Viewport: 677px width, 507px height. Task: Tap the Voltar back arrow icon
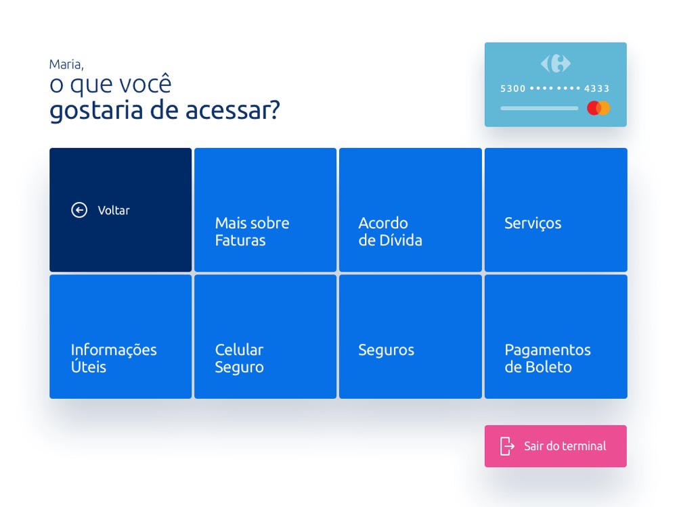point(79,210)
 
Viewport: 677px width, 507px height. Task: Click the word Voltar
point(114,210)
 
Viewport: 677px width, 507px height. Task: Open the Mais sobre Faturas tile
point(265,210)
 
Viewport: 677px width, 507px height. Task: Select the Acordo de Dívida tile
point(410,210)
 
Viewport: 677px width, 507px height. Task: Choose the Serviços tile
point(556,210)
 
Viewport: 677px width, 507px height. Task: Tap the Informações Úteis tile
point(121,337)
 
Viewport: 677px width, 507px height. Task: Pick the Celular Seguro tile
point(265,337)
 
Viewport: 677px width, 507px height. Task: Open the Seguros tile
point(410,337)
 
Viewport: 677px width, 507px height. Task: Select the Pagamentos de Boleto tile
point(556,337)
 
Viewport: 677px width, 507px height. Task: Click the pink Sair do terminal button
point(555,446)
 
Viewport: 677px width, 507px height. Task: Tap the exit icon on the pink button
point(507,446)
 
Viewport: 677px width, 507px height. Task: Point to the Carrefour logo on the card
point(556,64)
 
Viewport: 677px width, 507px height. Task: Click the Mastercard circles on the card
point(598,107)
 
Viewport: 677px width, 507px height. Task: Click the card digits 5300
point(513,89)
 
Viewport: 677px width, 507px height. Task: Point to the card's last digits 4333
point(596,89)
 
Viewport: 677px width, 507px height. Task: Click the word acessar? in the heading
point(233,110)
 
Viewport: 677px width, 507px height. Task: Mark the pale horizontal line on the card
point(539,108)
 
